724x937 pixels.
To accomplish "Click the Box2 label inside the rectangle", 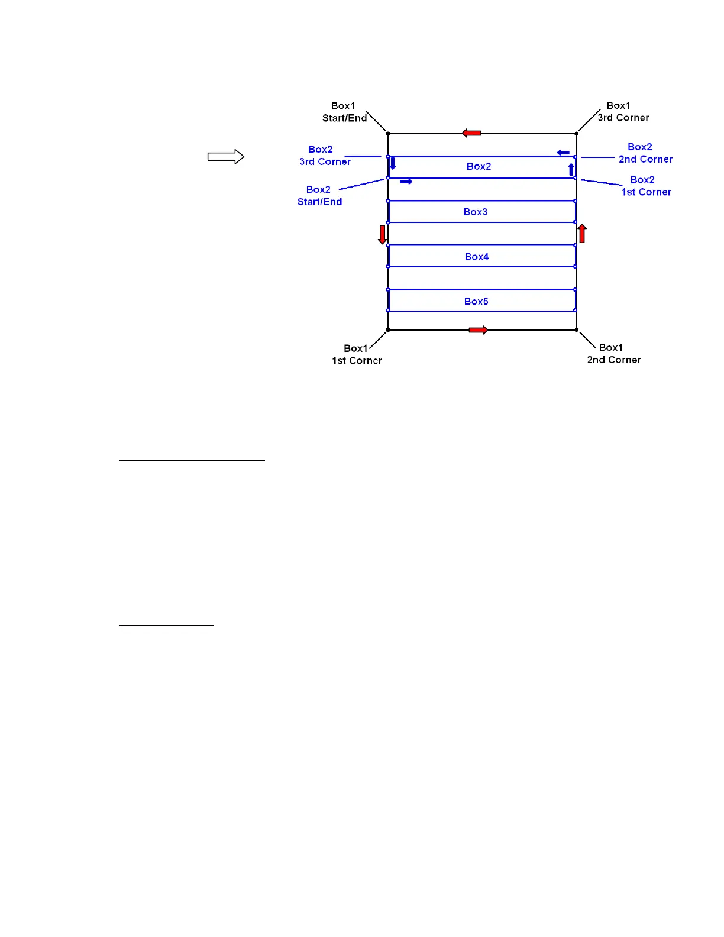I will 479,166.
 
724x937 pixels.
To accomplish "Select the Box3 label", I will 475,212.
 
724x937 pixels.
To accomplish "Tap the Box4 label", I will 476,257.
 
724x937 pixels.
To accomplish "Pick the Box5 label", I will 476,301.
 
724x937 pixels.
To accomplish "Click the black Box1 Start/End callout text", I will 344,112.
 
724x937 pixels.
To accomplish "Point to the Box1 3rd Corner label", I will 623,112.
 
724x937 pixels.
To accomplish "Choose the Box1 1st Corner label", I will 357,354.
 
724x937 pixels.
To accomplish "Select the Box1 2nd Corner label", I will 614,354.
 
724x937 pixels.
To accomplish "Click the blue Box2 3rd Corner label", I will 325,156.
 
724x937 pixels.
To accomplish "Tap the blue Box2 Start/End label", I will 319,196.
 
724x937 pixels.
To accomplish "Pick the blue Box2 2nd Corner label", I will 645,153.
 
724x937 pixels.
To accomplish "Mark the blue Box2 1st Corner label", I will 646,186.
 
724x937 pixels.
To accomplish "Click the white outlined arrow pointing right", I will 226,157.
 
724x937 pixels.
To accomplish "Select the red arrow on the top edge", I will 471,133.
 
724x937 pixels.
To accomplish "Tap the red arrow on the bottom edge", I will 478,330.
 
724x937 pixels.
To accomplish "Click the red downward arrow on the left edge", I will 382,234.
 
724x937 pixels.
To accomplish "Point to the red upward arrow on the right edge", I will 582,234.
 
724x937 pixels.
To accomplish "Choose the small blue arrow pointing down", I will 393,163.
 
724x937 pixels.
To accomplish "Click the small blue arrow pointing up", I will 571,170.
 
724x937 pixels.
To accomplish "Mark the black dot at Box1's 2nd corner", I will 577,330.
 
